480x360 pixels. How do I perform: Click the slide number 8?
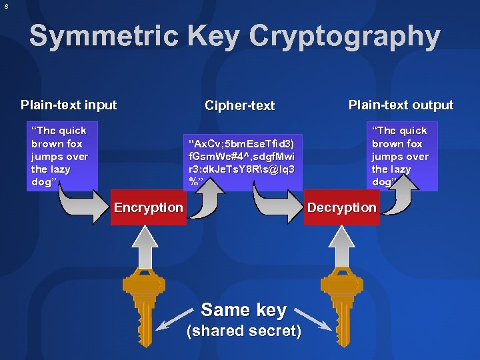point(6,6)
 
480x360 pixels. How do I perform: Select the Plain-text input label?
point(69,105)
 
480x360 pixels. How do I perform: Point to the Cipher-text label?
point(240,105)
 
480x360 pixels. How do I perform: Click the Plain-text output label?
point(401,105)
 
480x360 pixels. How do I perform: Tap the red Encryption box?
point(148,207)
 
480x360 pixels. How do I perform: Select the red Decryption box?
point(341,207)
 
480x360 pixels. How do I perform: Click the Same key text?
point(243,309)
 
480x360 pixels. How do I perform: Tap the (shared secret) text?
point(243,331)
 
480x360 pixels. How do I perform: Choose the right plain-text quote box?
point(400,155)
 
